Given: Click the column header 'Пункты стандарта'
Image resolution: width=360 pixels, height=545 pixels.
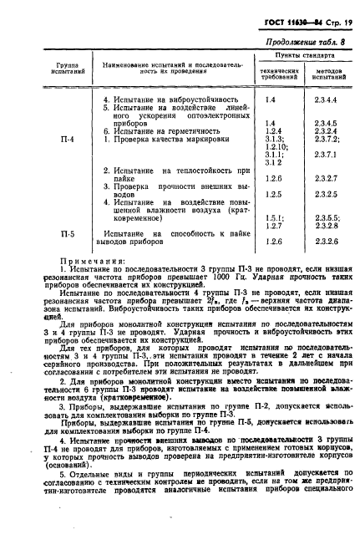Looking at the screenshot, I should click(297, 55).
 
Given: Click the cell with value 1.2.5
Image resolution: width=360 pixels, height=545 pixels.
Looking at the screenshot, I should click(271, 194).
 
